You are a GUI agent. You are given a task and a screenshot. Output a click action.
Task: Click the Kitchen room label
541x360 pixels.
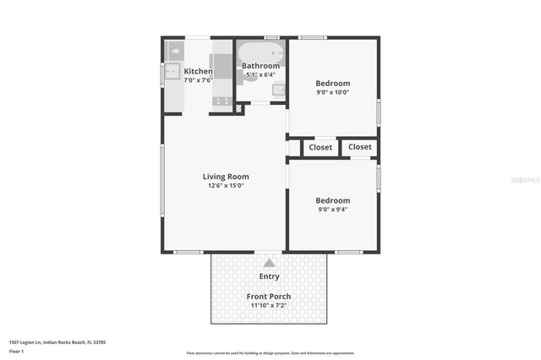tap(198, 71)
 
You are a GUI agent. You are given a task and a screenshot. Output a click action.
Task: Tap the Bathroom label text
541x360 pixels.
tap(260, 66)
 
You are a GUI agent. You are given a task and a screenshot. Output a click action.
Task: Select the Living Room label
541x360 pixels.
tap(226, 177)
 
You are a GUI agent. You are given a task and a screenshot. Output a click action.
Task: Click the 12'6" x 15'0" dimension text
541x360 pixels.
tap(226, 186)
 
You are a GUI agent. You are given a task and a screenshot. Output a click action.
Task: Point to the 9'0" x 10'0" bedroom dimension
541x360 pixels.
tap(332, 92)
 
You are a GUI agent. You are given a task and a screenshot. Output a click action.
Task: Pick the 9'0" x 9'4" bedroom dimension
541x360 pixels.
tap(332, 210)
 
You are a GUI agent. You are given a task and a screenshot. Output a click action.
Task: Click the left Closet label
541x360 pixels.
tap(320, 148)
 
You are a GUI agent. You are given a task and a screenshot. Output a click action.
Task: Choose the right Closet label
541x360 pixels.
tap(360, 147)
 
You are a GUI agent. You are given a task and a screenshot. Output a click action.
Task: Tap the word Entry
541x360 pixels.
tap(269, 276)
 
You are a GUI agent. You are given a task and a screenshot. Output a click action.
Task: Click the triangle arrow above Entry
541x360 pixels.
tap(269, 263)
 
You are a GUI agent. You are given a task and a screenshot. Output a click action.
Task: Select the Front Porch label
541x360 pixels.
tap(269, 296)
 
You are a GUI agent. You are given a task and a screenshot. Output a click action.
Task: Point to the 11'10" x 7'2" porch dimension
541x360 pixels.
tap(269, 306)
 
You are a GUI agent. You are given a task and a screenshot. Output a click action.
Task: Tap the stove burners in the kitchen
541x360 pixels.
tap(222, 101)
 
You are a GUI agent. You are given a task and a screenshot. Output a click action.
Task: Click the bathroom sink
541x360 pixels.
tap(279, 87)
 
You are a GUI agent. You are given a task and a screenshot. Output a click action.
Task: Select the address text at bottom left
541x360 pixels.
tap(57, 342)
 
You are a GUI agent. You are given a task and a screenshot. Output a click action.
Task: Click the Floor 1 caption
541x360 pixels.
tap(16, 350)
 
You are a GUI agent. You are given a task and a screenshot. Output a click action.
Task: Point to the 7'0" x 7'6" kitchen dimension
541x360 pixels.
tap(198, 80)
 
